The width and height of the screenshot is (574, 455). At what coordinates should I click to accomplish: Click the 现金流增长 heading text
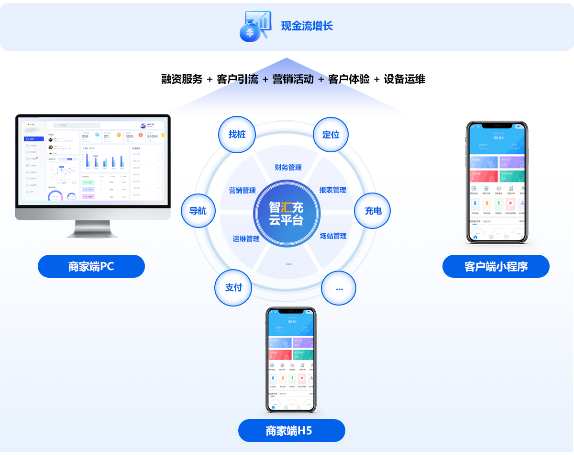point(307,26)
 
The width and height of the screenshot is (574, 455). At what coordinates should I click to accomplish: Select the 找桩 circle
point(237,135)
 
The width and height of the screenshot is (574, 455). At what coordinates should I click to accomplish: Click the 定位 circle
point(331,135)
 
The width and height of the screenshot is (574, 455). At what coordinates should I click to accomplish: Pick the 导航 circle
point(198,211)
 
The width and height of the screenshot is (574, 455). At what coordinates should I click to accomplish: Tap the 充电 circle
point(373,211)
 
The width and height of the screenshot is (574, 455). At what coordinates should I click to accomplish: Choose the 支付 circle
point(233,287)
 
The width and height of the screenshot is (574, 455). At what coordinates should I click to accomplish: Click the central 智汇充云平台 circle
point(286,214)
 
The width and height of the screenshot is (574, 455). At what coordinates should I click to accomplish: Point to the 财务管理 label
point(288,167)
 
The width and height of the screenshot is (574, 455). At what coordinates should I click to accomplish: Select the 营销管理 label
point(243,190)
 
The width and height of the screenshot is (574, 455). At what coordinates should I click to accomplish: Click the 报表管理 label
point(333,190)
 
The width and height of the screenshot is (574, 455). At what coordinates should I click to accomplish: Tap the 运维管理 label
point(246,239)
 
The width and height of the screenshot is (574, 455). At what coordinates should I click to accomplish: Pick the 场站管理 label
point(333,236)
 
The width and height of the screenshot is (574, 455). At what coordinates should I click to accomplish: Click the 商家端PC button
point(91,266)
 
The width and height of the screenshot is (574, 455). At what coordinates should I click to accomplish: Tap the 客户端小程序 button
point(496,266)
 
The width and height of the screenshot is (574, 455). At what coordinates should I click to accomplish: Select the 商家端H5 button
point(291,431)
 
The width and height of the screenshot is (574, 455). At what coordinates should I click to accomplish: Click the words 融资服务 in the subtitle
point(182,80)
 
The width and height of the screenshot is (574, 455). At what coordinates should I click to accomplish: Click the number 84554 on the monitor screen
point(152,136)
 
